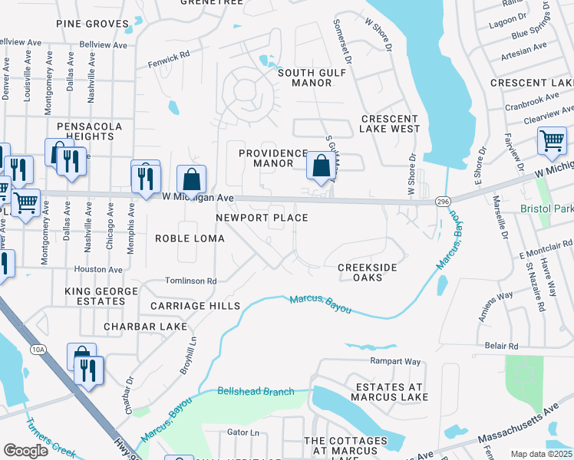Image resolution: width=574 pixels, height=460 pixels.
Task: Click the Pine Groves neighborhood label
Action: pyautogui.click(x=92, y=24)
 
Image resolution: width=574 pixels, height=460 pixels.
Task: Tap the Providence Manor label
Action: pyautogui.click(x=273, y=158)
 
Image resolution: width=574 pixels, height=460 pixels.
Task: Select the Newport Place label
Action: pyautogui.click(x=261, y=218)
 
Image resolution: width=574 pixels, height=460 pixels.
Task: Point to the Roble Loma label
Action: pyautogui.click(x=190, y=238)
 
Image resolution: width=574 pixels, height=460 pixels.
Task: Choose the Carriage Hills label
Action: pyautogui.click(x=190, y=305)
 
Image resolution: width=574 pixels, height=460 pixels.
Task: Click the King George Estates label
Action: pyautogui.click(x=95, y=297)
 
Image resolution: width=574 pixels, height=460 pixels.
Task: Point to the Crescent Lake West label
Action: pyautogui.click(x=390, y=124)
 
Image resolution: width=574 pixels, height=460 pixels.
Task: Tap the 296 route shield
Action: pyautogui.click(x=442, y=201)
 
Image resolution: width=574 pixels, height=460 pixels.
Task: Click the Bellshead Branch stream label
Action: pyautogui.click(x=256, y=392)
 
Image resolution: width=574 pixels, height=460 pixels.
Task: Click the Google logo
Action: pyautogui.click(x=25, y=451)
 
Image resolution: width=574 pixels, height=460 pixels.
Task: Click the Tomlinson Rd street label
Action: pyautogui.click(x=191, y=281)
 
